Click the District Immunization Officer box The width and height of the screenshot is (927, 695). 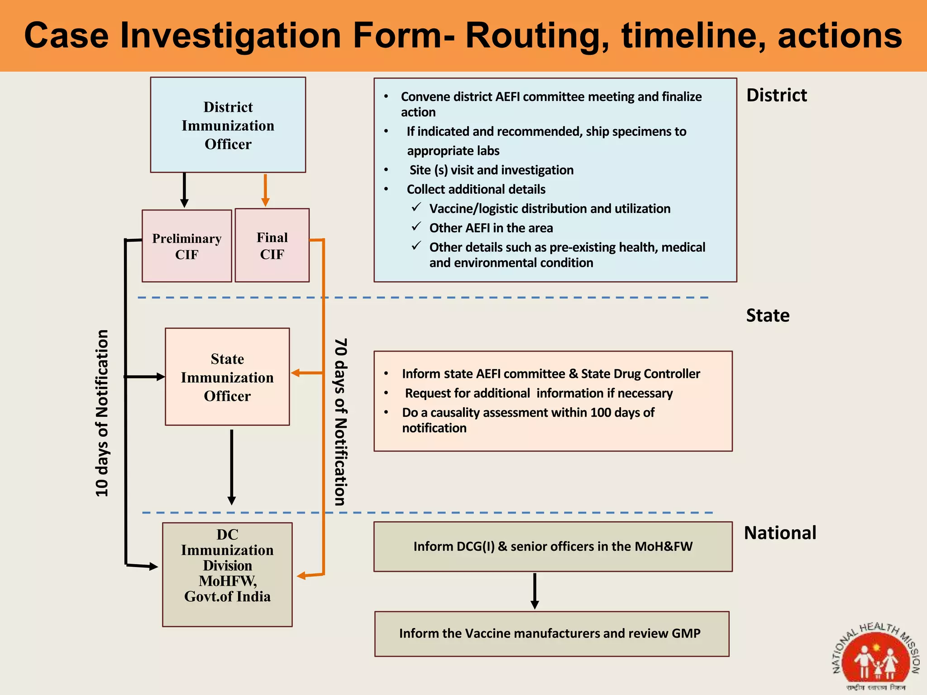228,125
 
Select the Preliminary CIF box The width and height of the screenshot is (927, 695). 186,246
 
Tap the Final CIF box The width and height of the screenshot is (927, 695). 272,245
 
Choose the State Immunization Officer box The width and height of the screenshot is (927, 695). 227,377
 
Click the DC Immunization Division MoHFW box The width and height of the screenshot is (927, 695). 227,574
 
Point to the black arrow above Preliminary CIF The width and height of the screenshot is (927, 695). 184,190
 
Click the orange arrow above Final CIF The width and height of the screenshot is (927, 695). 265,190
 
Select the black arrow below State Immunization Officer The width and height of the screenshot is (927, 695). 231,466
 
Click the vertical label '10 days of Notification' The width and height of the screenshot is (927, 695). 102,413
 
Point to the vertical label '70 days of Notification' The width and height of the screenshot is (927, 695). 340,422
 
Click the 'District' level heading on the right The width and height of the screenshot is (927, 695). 776,95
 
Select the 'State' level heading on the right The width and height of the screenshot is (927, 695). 768,315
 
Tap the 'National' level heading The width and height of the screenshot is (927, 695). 780,533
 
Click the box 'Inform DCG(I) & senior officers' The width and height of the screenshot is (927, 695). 553,547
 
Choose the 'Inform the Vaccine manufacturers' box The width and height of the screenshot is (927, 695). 551,633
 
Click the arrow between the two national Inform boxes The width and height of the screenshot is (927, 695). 535,591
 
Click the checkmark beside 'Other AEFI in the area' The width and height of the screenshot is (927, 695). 416,227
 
